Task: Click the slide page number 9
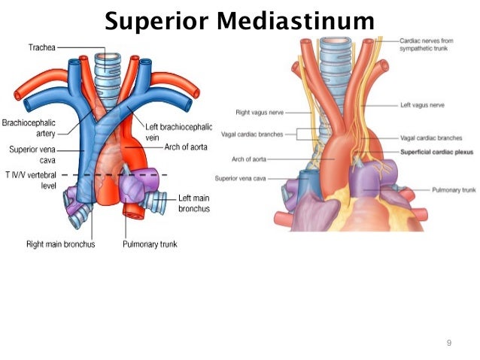coord(449,343)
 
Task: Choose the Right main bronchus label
coord(59,244)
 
